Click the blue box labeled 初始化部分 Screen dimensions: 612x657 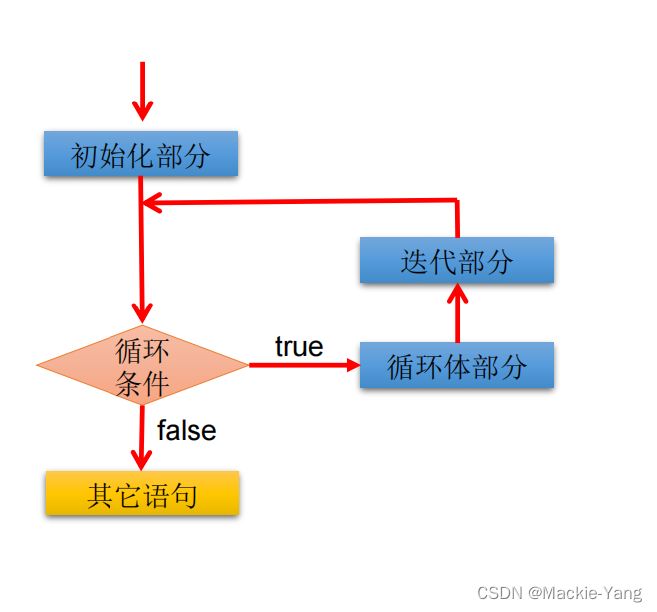click(x=140, y=154)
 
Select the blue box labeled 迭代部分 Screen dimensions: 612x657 click(x=457, y=260)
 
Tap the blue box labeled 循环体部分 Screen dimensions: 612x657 click(x=457, y=366)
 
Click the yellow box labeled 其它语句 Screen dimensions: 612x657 click(x=141, y=494)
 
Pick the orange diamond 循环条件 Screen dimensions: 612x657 click(x=142, y=366)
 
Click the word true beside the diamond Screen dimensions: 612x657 click(x=299, y=346)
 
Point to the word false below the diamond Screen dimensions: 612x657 click(x=186, y=430)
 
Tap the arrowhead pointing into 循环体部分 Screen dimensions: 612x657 click(x=352, y=365)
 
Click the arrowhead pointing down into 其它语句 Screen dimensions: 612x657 click(x=142, y=460)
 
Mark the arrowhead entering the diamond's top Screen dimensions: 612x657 click(x=142, y=314)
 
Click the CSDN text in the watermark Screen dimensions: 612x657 click(x=499, y=593)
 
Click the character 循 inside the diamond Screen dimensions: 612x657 click(x=129, y=351)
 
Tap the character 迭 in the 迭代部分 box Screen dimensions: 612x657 click(x=414, y=261)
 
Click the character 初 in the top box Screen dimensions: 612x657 click(x=84, y=155)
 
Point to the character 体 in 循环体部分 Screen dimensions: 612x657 click(x=457, y=367)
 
